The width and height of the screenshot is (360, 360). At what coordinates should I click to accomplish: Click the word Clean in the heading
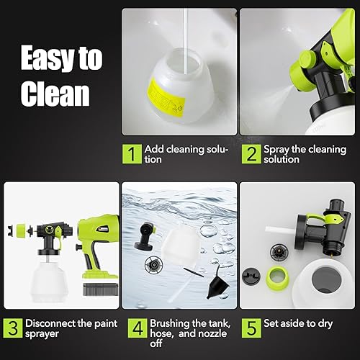(x=55, y=94)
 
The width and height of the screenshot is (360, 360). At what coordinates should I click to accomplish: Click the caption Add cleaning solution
(x=186, y=153)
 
